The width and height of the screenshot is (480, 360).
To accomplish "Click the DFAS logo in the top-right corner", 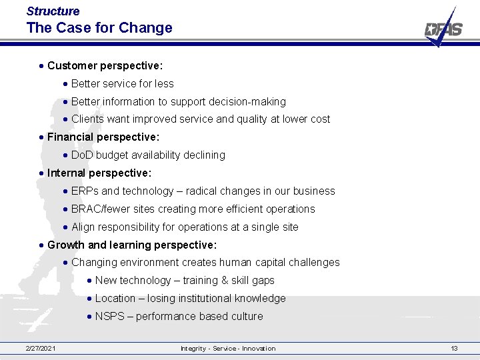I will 443,29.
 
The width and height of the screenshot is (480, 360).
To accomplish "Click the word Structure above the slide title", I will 53,11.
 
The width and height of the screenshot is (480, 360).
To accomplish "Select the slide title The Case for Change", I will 99,28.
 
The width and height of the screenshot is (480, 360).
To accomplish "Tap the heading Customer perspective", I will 105,66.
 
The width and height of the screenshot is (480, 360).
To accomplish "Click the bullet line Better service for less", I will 122,84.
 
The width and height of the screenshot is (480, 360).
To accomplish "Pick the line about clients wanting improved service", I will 200,119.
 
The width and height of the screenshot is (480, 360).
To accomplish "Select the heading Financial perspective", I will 103,137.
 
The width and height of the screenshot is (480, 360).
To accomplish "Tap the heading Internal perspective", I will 99,173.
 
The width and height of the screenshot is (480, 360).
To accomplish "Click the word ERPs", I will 85,191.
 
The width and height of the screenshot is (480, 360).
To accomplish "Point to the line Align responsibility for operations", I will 185,227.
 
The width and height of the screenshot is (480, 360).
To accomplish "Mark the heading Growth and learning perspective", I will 132,245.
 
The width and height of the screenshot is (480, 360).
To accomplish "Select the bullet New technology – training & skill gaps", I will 185,281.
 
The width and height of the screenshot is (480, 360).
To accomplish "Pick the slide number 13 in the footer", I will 454,349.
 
